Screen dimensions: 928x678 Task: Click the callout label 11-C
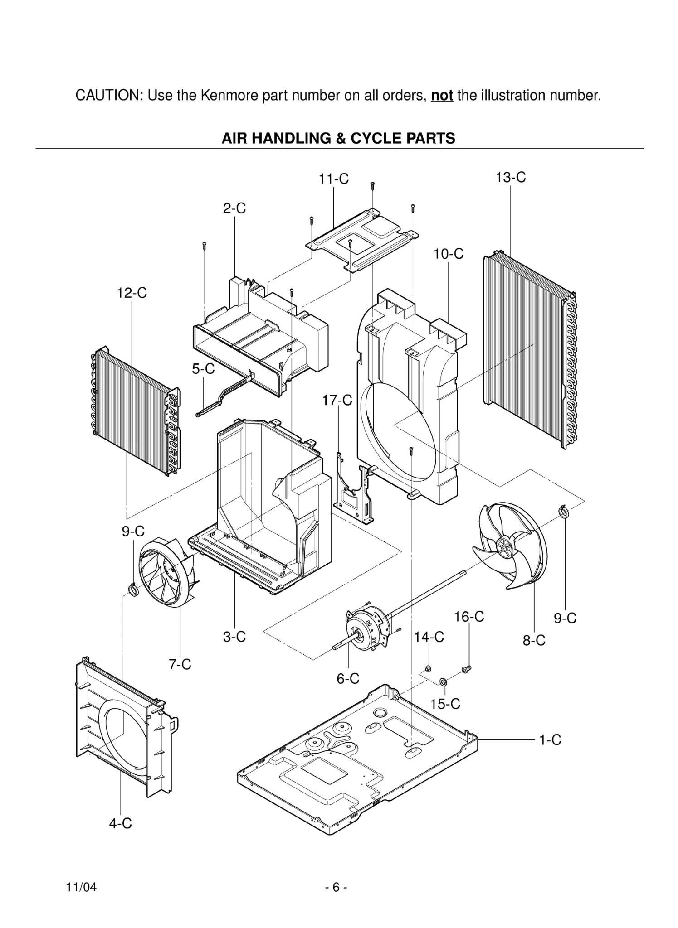333,179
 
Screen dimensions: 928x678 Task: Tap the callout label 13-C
511,177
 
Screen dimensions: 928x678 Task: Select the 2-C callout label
234,208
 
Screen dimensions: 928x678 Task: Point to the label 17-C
337,400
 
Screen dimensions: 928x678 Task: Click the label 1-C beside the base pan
550,740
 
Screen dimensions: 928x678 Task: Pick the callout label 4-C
120,823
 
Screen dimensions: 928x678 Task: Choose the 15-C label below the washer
445,704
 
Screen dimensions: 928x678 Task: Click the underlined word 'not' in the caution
442,96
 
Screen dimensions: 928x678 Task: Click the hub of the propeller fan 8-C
504,547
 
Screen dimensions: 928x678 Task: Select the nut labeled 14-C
428,669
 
